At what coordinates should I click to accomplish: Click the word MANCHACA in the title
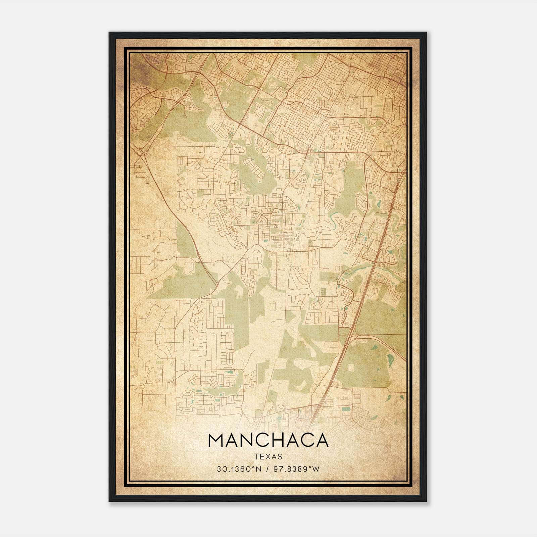[x=268, y=440]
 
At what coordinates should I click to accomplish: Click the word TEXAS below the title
[x=268, y=456]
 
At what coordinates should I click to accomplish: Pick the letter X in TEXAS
[x=268, y=456]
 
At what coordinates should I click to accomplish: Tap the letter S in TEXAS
[x=280, y=456]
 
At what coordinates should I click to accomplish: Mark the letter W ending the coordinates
[x=316, y=469]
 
